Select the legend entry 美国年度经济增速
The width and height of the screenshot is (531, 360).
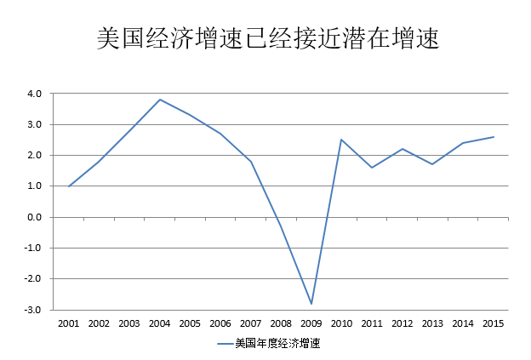point(277,343)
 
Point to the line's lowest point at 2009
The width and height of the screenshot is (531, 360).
point(311,304)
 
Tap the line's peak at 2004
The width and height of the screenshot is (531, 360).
point(160,100)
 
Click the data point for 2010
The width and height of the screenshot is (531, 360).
point(341,140)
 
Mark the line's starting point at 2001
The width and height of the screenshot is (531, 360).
point(69,186)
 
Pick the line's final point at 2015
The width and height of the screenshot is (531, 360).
point(494,137)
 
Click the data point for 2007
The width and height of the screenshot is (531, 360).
point(251,162)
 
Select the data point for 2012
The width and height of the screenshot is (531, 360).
point(403,149)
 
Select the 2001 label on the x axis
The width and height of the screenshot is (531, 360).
point(69,324)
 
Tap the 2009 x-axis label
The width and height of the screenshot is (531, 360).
point(311,324)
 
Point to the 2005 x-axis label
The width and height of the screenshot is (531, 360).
point(190,324)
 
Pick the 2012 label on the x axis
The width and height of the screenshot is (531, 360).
point(403,324)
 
